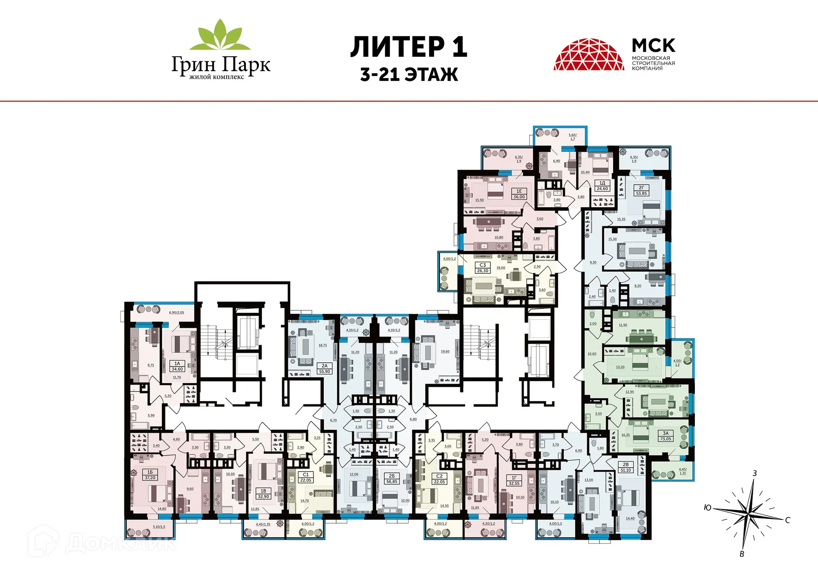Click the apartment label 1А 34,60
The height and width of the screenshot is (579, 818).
(177, 366)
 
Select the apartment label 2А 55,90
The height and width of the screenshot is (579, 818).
(325, 368)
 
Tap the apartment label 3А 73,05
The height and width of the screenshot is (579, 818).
(665, 436)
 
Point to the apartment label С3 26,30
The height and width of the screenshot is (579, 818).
(483, 268)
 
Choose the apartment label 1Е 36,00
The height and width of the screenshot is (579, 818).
(519, 194)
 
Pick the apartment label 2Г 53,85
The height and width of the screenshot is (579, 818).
(641, 191)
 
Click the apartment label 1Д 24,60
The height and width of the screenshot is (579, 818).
(602, 186)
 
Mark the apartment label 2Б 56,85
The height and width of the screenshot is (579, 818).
(392, 478)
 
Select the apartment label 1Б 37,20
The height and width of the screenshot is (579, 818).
(150, 475)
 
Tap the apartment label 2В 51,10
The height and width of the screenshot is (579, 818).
(625, 467)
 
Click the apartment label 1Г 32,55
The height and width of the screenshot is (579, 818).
(514, 481)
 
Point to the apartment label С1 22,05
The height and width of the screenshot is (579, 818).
(305, 477)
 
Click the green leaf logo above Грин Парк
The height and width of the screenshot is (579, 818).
(220, 35)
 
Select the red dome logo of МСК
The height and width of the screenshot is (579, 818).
(589, 55)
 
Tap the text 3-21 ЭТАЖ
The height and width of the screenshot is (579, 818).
(409, 75)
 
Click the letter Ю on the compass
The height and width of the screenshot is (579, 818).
(708, 507)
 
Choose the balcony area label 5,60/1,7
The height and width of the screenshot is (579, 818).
(573, 137)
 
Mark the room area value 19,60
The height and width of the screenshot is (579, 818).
(445, 352)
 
